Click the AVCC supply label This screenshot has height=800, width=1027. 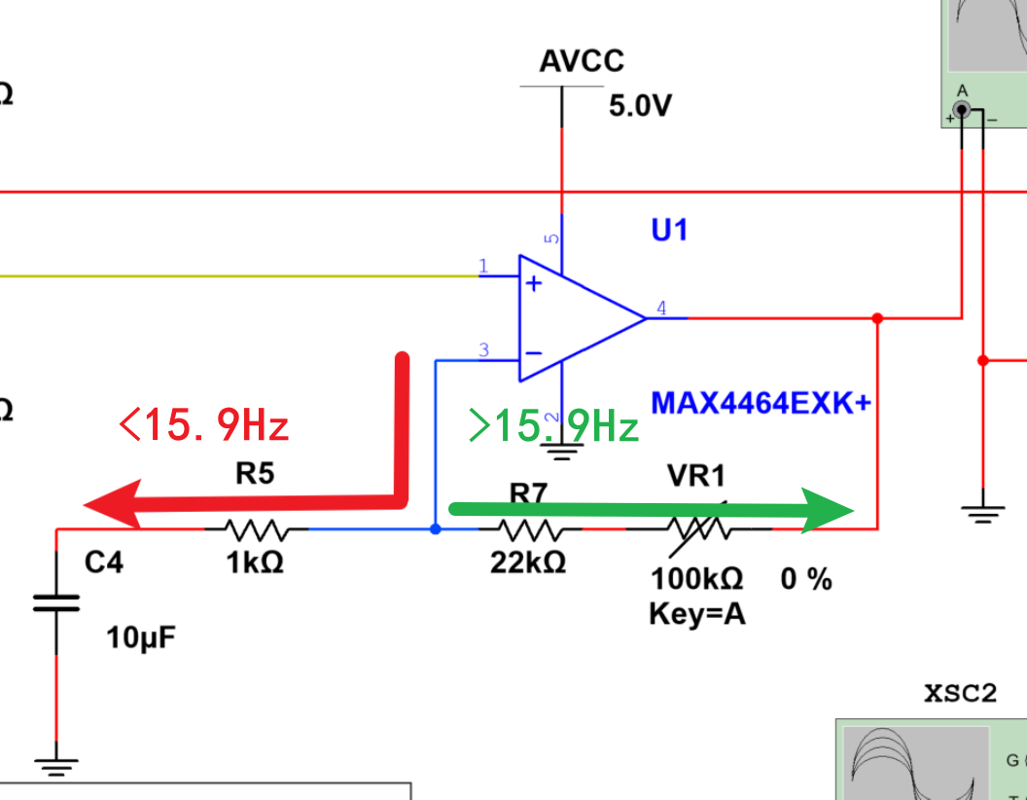click(582, 62)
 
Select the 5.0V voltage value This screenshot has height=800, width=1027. click(640, 106)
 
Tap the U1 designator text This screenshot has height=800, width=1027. click(669, 231)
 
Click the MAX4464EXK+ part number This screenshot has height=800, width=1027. click(761, 403)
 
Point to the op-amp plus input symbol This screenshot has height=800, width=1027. click(534, 283)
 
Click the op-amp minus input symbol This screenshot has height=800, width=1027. click(534, 353)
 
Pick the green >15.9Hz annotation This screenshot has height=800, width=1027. click(552, 425)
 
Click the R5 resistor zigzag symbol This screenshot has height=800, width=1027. click(255, 529)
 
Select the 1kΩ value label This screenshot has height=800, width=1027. click(254, 563)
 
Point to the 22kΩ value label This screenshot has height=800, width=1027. click(528, 563)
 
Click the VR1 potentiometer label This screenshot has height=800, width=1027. click(695, 476)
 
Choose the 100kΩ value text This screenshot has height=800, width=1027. click(697, 580)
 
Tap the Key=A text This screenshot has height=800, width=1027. click(696, 614)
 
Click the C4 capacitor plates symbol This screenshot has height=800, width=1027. click(56, 602)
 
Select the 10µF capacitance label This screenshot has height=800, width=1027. click(141, 639)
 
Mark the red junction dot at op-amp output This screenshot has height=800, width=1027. click(878, 318)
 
